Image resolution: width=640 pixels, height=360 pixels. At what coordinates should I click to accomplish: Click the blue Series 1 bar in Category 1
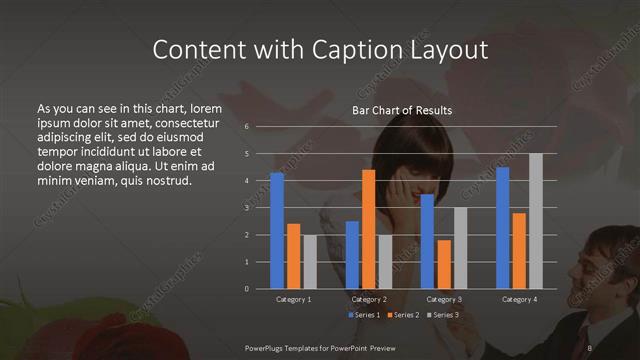coord(277,231)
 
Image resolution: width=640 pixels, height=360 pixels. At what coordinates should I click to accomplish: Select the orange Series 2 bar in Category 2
coord(368,229)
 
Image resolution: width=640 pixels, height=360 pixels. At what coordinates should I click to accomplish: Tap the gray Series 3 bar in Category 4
coord(535,221)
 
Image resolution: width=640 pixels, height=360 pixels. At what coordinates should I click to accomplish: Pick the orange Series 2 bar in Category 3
coord(443,264)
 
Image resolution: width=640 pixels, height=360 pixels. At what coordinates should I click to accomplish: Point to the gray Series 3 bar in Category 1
coord(310,262)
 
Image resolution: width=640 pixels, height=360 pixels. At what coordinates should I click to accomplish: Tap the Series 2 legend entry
coord(405,315)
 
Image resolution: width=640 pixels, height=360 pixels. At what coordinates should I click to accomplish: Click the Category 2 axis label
coord(368,299)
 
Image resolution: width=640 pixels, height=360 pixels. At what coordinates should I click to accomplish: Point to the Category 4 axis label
coord(518,299)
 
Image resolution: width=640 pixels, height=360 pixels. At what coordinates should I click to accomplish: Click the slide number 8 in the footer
coord(589,347)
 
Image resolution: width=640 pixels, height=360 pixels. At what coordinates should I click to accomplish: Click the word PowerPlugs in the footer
coord(269,347)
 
